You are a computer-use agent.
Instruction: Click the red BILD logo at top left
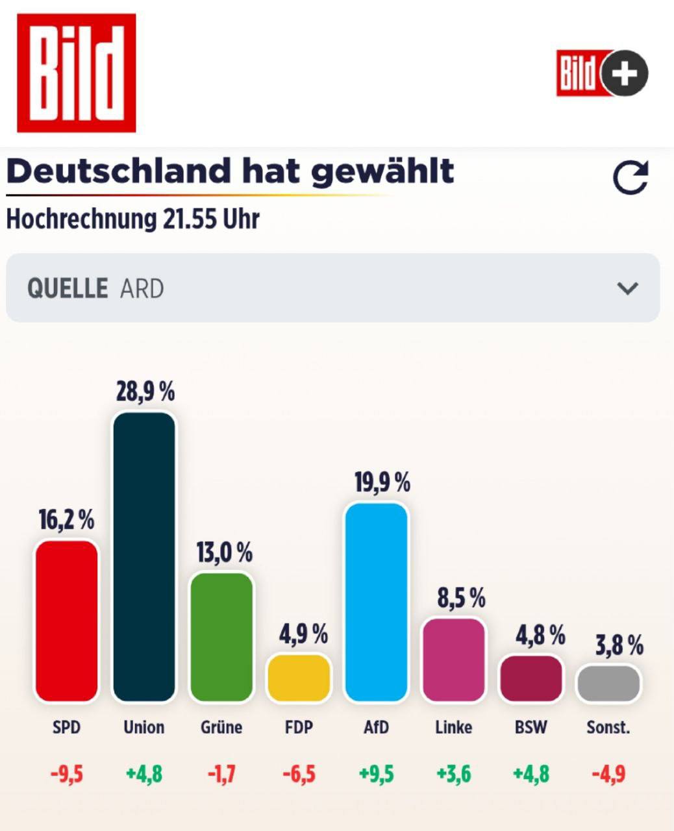76,73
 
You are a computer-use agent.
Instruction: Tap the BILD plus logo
602,73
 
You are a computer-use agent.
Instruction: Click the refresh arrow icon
630,178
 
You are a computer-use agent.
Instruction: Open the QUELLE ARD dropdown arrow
627,288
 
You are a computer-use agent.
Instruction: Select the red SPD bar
66,621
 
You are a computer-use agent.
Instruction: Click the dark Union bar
144,556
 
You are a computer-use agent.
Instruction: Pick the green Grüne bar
221,637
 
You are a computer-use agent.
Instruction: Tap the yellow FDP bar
299,678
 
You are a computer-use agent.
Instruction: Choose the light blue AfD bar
376,602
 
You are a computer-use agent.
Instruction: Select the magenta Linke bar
453,660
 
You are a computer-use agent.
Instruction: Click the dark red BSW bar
531,678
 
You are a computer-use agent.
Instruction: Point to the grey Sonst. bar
608,683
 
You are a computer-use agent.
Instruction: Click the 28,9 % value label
145,392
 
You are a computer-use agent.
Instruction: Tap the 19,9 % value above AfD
382,483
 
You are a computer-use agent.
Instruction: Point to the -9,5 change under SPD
67,774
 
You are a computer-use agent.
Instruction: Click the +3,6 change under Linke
454,774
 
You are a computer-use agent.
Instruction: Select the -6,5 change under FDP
299,774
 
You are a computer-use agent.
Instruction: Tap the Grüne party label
221,727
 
